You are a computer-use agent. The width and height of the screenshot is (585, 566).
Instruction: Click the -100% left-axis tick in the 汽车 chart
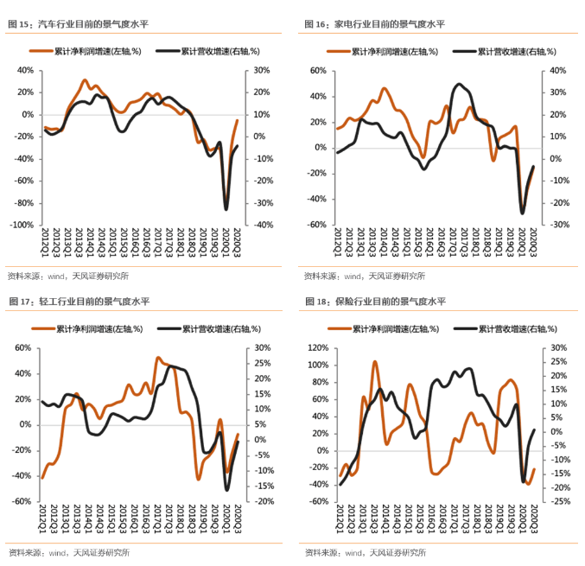tap(21, 225)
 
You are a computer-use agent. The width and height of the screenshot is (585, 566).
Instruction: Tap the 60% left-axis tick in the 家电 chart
tap(315, 71)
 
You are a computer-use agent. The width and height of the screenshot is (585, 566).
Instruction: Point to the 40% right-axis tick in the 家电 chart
tap(556, 71)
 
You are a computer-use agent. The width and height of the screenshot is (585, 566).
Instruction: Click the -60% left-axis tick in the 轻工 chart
tap(21, 501)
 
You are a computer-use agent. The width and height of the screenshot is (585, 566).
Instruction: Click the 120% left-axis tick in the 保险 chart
tap(315, 348)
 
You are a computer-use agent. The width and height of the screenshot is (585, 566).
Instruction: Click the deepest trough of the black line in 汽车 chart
tap(226, 209)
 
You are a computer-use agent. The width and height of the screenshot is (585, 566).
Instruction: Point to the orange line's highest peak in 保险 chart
tap(375, 362)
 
